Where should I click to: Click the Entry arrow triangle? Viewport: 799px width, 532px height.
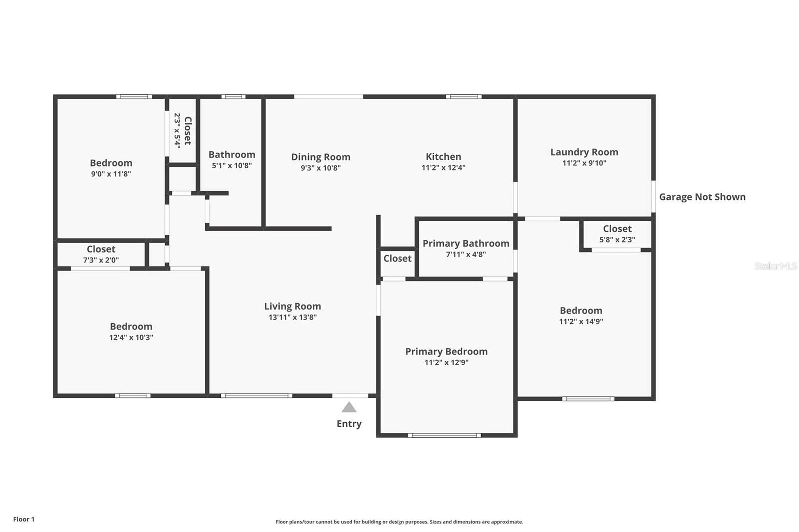point(349,408)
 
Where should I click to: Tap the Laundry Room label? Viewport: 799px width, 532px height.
point(584,152)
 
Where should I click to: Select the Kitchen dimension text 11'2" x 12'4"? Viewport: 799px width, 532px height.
point(443,168)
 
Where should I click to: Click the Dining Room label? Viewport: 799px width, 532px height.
point(321,157)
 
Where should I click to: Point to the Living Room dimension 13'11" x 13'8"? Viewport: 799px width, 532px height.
point(293,317)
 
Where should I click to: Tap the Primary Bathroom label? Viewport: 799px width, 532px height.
point(466,243)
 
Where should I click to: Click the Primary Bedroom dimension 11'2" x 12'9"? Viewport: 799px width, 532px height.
point(446,363)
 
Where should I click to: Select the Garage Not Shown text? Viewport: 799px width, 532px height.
point(702,197)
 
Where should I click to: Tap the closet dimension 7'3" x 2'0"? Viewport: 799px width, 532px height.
point(101,260)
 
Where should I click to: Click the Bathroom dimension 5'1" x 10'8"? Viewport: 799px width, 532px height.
point(232,166)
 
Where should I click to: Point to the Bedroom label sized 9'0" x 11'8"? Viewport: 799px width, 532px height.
point(111,163)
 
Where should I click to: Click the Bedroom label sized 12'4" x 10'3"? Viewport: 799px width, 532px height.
point(131,326)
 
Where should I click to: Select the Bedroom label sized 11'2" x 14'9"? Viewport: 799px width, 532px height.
point(581,310)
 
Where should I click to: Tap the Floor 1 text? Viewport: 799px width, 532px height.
point(24,519)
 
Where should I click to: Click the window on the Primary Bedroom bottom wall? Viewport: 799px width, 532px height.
point(444,435)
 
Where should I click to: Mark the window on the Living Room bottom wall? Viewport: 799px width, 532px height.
point(256,396)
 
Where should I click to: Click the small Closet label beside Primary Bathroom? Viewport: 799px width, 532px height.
point(398,258)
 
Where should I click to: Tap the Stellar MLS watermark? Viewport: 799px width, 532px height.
point(775,266)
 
